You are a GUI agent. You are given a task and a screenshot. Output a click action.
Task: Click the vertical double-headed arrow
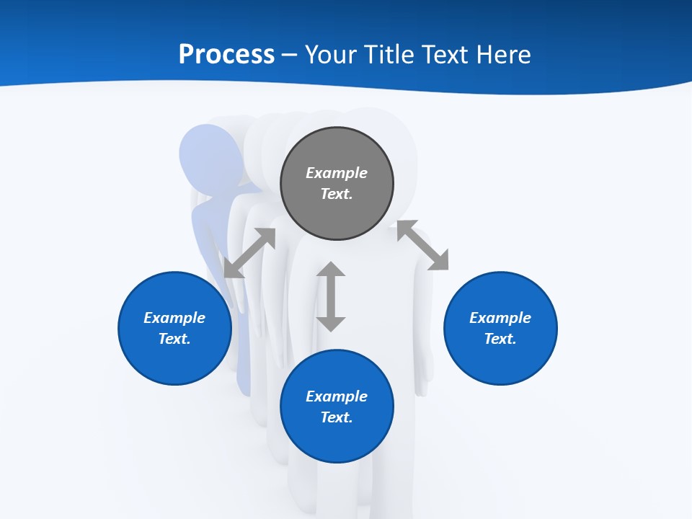click(331, 296)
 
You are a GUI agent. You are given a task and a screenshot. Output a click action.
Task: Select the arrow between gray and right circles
click(422, 245)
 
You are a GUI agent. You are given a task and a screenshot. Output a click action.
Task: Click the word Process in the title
click(226, 54)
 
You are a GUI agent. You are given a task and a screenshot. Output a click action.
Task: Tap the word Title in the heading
click(388, 54)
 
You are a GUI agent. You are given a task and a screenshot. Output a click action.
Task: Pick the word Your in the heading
click(330, 54)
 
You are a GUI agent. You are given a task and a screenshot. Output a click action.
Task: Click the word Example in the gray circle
click(337, 173)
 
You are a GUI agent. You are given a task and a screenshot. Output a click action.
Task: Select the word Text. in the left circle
click(174, 339)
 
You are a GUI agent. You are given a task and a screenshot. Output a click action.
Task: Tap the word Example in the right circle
click(500, 318)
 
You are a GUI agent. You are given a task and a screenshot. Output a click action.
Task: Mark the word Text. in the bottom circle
click(337, 417)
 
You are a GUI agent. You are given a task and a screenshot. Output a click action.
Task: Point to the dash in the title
click(290, 55)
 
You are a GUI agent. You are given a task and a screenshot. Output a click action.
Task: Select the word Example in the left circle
click(174, 318)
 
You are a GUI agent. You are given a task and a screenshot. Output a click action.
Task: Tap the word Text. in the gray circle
click(337, 194)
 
